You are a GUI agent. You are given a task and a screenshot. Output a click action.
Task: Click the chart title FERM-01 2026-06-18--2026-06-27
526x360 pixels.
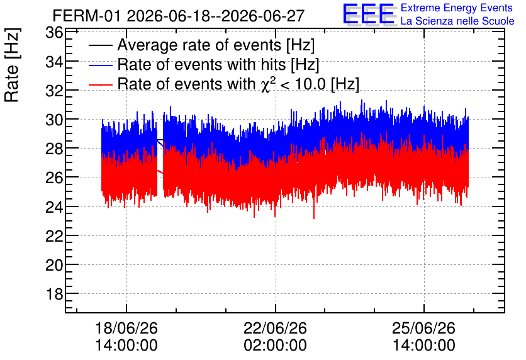point(179,16)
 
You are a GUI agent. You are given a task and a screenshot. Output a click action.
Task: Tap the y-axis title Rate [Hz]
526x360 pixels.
point(12,65)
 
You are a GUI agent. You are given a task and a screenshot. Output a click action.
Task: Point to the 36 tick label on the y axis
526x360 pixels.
point(54,33)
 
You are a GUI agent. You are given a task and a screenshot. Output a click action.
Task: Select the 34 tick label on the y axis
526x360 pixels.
point(54,62)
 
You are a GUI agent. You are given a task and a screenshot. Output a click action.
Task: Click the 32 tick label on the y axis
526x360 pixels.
point(54,91)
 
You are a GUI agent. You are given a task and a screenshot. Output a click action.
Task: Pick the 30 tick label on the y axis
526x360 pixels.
point(54,120)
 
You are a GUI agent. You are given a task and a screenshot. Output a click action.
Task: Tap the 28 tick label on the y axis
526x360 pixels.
point(54,149)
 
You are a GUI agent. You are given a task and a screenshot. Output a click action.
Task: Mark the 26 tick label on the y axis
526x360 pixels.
point(54,177)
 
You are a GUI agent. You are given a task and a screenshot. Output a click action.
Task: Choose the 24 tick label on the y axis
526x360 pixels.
point(54,207)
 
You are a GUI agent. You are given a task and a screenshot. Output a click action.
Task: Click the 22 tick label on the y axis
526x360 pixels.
point(54,236)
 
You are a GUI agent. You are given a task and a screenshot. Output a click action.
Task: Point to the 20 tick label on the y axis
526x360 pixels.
point(54,265)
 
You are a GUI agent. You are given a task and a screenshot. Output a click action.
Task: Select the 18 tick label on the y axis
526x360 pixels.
point(54,295)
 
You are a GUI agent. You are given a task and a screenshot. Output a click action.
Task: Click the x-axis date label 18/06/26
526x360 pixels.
point(126,328)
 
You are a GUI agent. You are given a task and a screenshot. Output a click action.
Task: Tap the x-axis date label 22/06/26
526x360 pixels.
point(275,328)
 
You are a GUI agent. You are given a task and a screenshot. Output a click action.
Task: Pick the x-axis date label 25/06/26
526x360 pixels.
point(423,328)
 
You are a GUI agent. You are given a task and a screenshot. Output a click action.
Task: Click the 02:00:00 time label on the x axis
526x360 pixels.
point(275,346)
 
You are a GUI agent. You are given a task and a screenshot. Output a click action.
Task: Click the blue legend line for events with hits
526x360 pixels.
point(101,65)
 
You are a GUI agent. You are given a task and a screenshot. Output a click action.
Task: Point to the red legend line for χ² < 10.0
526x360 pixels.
point(101,84)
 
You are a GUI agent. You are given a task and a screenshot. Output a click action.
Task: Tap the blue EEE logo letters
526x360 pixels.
point(369,14)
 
